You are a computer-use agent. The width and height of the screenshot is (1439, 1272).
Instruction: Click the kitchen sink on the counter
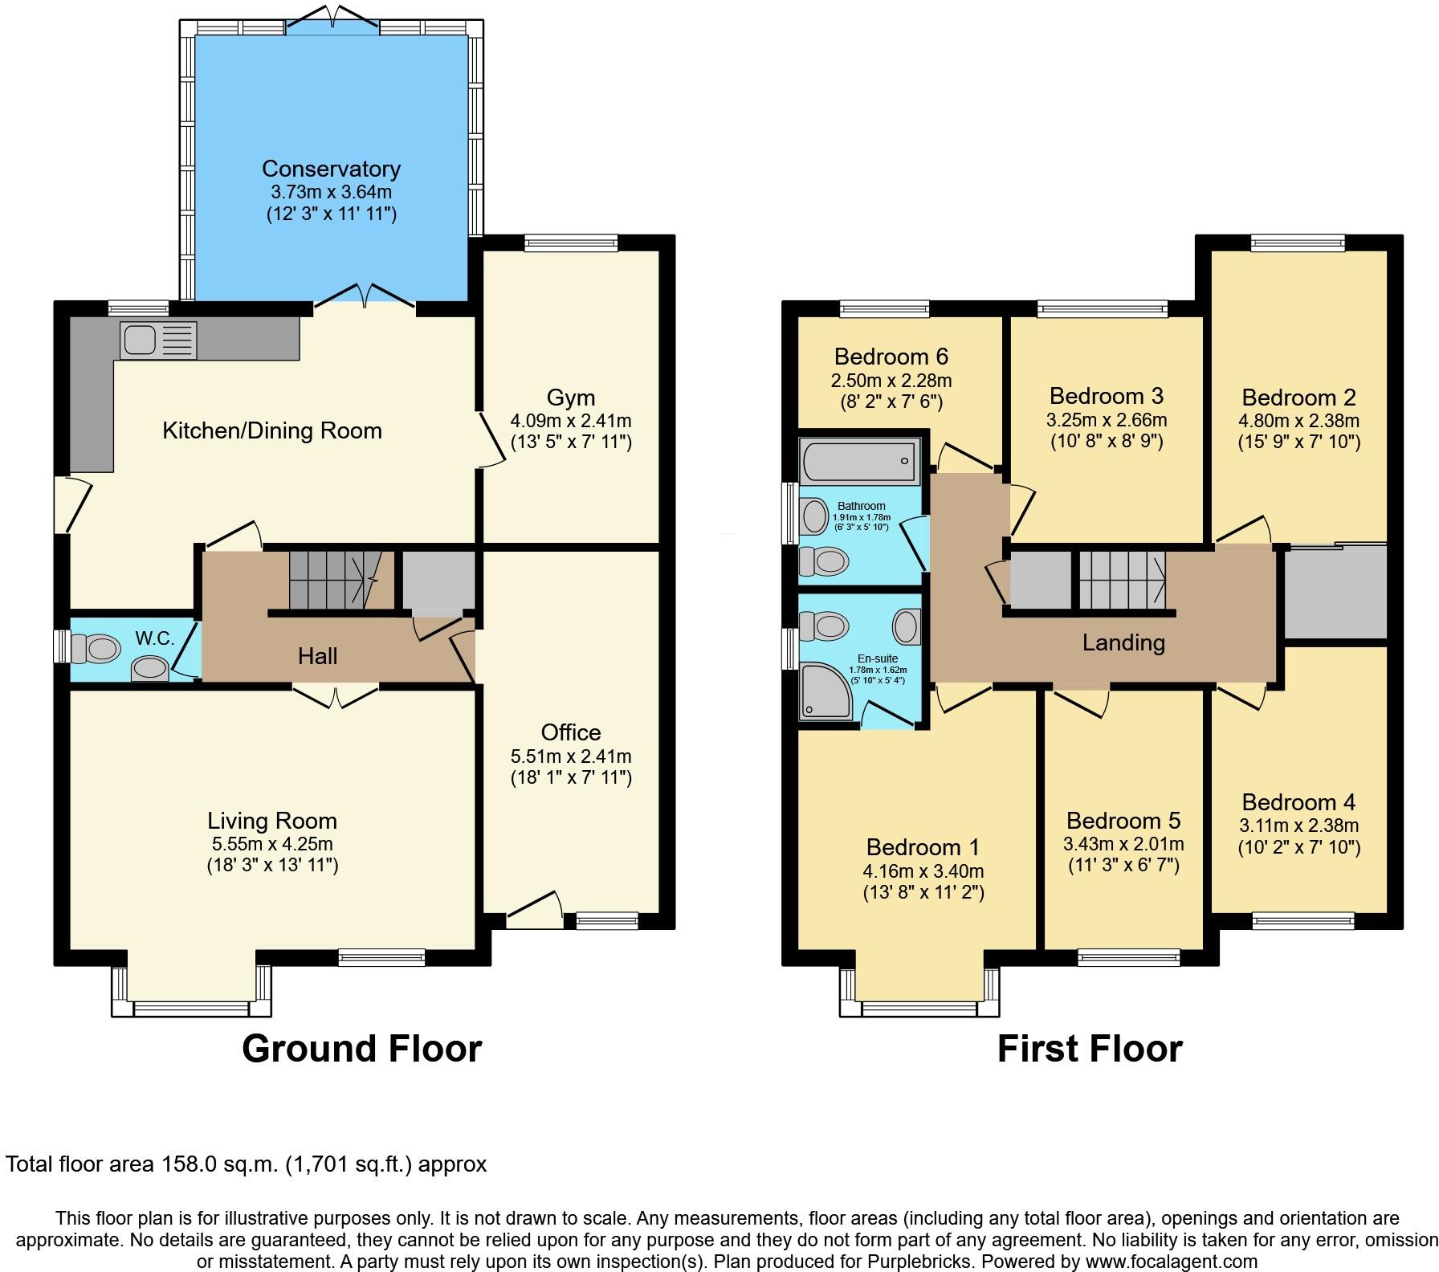coord(158,339)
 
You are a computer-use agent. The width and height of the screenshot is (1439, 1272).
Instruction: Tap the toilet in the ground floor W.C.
coord(95,648)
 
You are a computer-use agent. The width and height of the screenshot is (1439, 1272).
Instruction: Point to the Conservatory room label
coord(331,169)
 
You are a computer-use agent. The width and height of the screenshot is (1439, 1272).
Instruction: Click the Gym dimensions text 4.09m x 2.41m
coord(571,420)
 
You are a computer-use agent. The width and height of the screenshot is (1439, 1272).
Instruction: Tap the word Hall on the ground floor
coord(318,656)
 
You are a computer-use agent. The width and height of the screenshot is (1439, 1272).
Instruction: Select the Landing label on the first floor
coord(1123,642)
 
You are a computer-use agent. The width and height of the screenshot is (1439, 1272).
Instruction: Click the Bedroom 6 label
coord(891,356)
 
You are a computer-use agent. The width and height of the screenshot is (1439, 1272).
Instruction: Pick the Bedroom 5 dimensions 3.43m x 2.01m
coord(1123,844)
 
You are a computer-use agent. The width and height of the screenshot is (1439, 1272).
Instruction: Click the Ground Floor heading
coord(361,1049)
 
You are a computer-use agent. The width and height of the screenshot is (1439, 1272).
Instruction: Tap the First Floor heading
coord(1089,1049)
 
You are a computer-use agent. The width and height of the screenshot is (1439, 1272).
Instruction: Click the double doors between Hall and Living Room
coord(336,695)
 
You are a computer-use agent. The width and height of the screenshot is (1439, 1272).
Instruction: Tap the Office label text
coord(571,732)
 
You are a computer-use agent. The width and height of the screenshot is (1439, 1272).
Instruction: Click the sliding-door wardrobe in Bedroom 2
coord(1335,593)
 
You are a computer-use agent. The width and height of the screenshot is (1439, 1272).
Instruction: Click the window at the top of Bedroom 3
coord(1102,308)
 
